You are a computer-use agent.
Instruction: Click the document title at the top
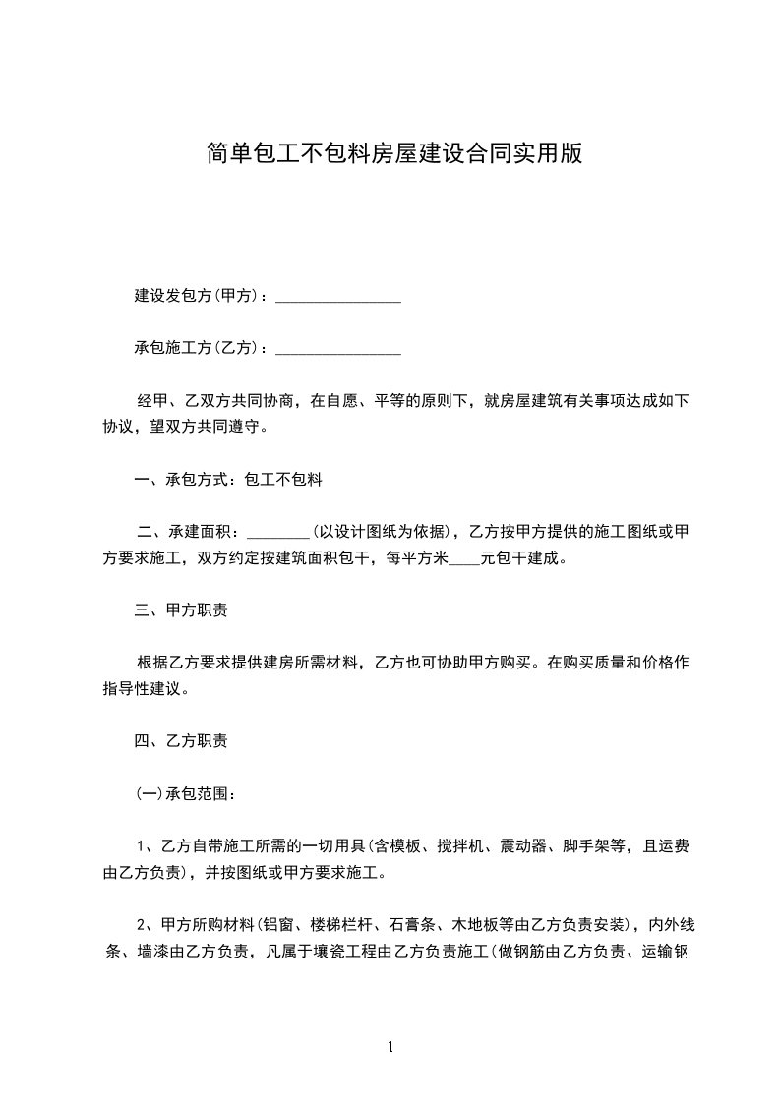click(394, 152)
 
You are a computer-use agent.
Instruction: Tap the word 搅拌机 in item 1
click(457, 845)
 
